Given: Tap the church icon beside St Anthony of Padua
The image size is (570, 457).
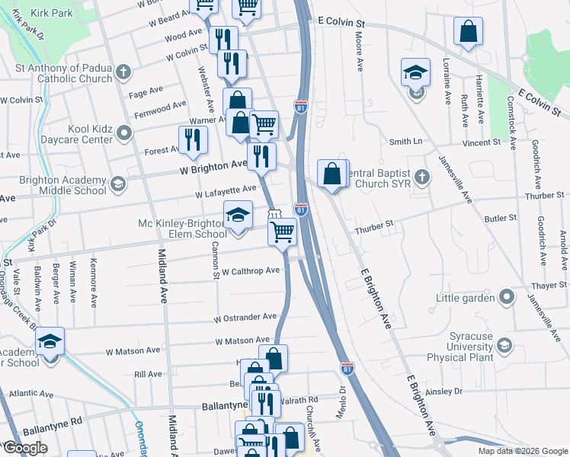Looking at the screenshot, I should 121,74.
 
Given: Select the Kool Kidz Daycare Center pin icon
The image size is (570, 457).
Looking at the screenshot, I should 124,135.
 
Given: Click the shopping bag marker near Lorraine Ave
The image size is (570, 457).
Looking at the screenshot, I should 468,32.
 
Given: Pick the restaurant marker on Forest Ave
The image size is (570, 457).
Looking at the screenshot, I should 193,139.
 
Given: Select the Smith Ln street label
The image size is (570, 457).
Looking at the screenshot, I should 405,142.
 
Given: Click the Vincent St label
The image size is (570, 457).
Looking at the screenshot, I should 481,142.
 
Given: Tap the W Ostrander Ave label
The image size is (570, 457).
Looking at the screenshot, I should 245,317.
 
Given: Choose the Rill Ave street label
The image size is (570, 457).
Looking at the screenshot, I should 148,374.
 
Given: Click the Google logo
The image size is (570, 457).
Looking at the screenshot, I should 25,448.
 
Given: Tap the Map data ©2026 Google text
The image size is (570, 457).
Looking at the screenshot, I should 523,451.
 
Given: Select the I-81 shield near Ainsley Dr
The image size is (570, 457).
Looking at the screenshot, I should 347,369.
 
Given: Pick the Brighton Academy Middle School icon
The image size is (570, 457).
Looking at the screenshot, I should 118,184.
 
